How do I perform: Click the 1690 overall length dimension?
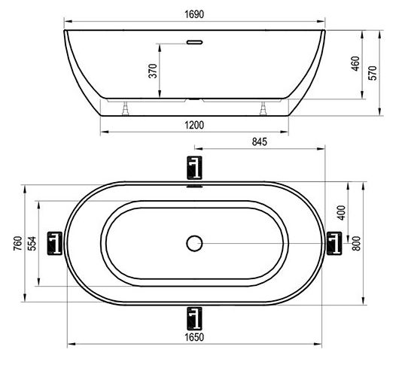194,14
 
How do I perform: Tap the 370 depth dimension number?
153,71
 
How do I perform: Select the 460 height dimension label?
355,63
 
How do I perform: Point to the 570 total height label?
373,73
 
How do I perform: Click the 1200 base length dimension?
194,126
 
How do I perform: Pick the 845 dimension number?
260,141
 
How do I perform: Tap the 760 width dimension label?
18,243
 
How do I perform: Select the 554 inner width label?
32,243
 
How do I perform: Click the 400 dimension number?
342,212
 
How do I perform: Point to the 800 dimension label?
356,243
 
